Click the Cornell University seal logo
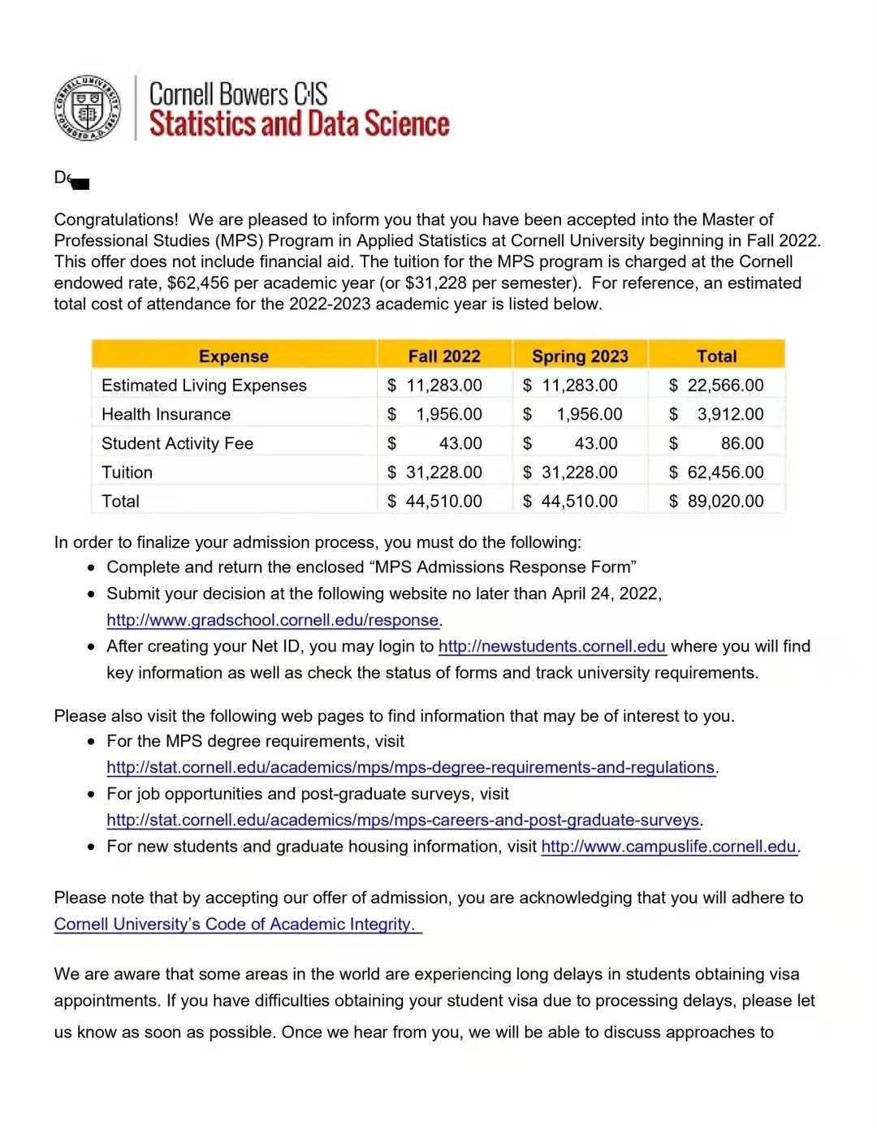point(87,108)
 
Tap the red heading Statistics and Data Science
point(299,124)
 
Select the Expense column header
point(234,356)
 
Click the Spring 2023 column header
point(580,356)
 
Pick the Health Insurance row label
point(166,414)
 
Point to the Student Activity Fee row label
point(177,443)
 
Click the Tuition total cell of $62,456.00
point(716,472)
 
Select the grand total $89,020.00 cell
point(716,502)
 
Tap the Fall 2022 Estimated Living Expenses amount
point(435,386)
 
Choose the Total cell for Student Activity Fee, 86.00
point(741,443)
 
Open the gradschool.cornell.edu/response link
point(272,620)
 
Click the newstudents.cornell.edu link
point(552,646)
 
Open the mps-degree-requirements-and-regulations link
point(410,767)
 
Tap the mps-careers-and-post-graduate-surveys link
point(403,820)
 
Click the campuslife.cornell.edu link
point(668,847)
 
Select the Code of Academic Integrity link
point(235,924)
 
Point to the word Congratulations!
point(116,220)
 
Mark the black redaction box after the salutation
point(80,183)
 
